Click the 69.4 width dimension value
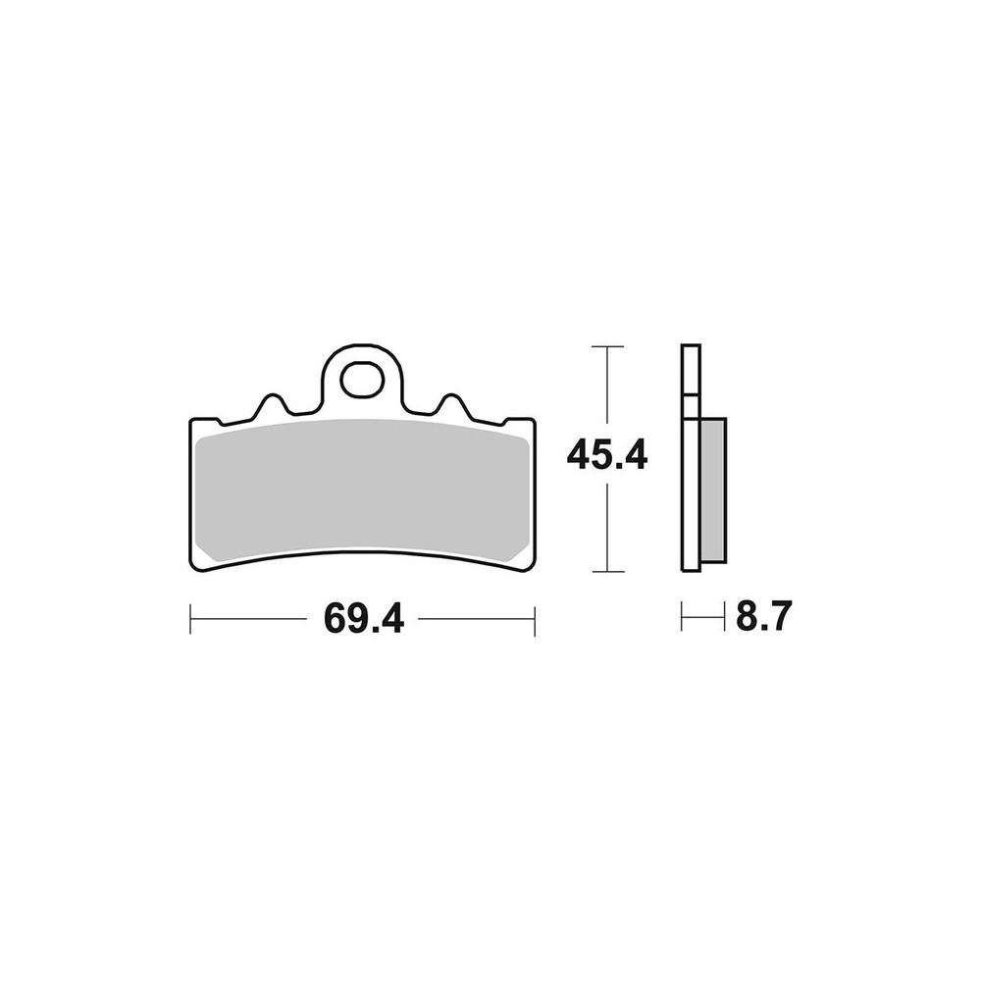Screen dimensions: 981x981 [x=364, y=619]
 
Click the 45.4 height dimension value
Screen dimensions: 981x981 [x=607, y=455]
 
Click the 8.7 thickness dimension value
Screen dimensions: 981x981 [x=764, y=616]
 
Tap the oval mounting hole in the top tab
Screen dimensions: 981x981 [x=362, y=379]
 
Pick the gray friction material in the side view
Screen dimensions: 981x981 [x=713, y=490]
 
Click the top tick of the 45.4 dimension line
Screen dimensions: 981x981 [x=607, y=346]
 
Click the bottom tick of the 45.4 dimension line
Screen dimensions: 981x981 [x=607, y=571]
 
